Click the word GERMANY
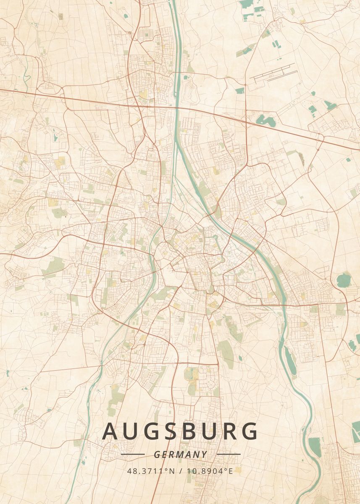pos(180,454)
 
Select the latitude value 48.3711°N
pos(151,471)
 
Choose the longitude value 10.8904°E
pos(209,471)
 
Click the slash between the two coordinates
pos(180,471)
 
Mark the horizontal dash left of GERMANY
pos(133,454)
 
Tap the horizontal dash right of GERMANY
pos(229,454)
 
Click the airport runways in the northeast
pos(273,74)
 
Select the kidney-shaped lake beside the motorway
pos(266,121)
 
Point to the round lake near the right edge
pos(344,280)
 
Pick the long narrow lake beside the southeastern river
pos(290,361)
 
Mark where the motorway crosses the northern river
pos(177,108)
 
